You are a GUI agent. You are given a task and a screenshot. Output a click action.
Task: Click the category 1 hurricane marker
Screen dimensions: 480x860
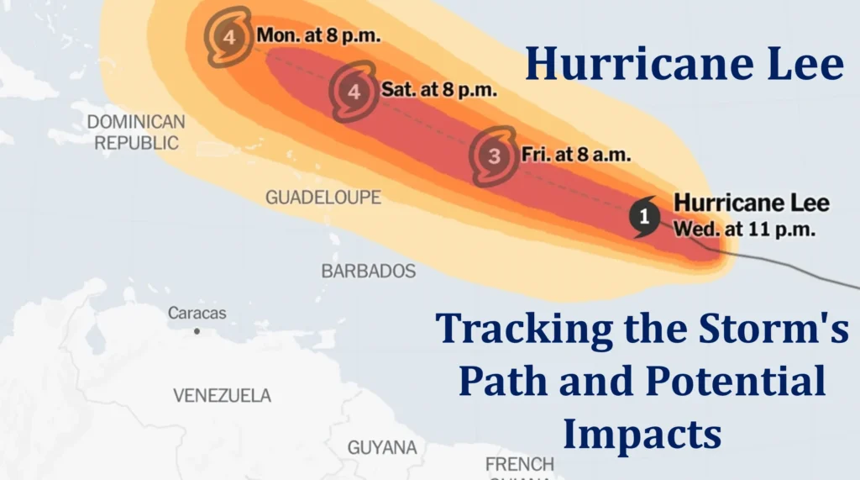pyautogui.click(x=645, y=216)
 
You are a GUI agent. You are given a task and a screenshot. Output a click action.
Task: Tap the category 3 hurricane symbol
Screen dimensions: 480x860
pyautogui.click(x=494, y=156)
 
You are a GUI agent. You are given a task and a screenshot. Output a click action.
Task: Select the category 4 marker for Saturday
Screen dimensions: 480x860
pyautogui.click(x=354, y=92)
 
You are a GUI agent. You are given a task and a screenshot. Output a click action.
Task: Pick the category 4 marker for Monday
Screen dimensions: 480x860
pyautogui.click(x=228, y=36)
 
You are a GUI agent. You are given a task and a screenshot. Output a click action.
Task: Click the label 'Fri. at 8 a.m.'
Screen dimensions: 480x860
pyautogui.click(x=576, y=155)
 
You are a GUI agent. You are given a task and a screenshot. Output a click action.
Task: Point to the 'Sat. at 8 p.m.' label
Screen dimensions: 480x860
pyautogui.click(x=438, y=90)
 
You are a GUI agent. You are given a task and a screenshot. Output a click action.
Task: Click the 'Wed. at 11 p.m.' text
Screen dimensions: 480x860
pyautogui.click(x=745, y=229)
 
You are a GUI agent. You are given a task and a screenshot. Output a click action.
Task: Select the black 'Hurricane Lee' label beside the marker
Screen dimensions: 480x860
pyautogui.click(x=751, y=203)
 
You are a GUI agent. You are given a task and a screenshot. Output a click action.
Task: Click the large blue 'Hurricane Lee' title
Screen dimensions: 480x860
pyautogui.click(x=684, y=65)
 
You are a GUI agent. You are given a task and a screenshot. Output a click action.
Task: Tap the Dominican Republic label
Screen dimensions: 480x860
pyautogui.click(x=136, y=132)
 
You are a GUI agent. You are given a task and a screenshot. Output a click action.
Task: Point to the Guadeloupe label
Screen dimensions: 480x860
pyautogui.click(x=322, y=198)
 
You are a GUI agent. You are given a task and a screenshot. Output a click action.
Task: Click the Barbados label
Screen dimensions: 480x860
pyautogui.click(x=369, y=272)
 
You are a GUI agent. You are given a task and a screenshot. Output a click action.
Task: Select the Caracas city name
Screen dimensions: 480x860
pyautogui.click(x=197, y=313)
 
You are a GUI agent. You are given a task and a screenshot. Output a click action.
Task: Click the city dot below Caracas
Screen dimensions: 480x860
pyautogui.click(x=197, y=331)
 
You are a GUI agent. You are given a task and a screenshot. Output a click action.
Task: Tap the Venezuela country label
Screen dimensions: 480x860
pyautogui.click(x=222, y=395)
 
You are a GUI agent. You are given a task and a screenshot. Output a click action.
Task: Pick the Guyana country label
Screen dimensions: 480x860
pyautogui.click(x=382, y=446)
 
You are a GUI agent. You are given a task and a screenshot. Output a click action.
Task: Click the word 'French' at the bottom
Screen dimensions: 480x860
pyautogui.click(x=520, y=464)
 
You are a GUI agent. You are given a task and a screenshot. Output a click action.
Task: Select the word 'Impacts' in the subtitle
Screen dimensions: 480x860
pyautogui.click(x=642, y=435)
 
